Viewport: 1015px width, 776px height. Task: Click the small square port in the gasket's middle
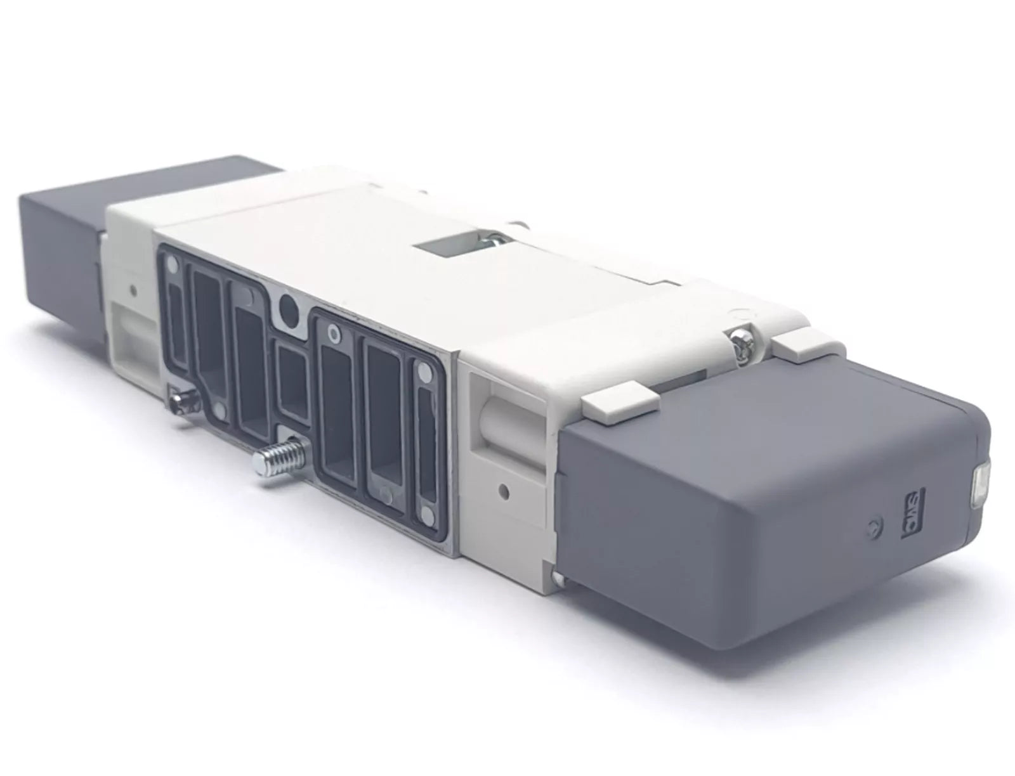tap(294, 385)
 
